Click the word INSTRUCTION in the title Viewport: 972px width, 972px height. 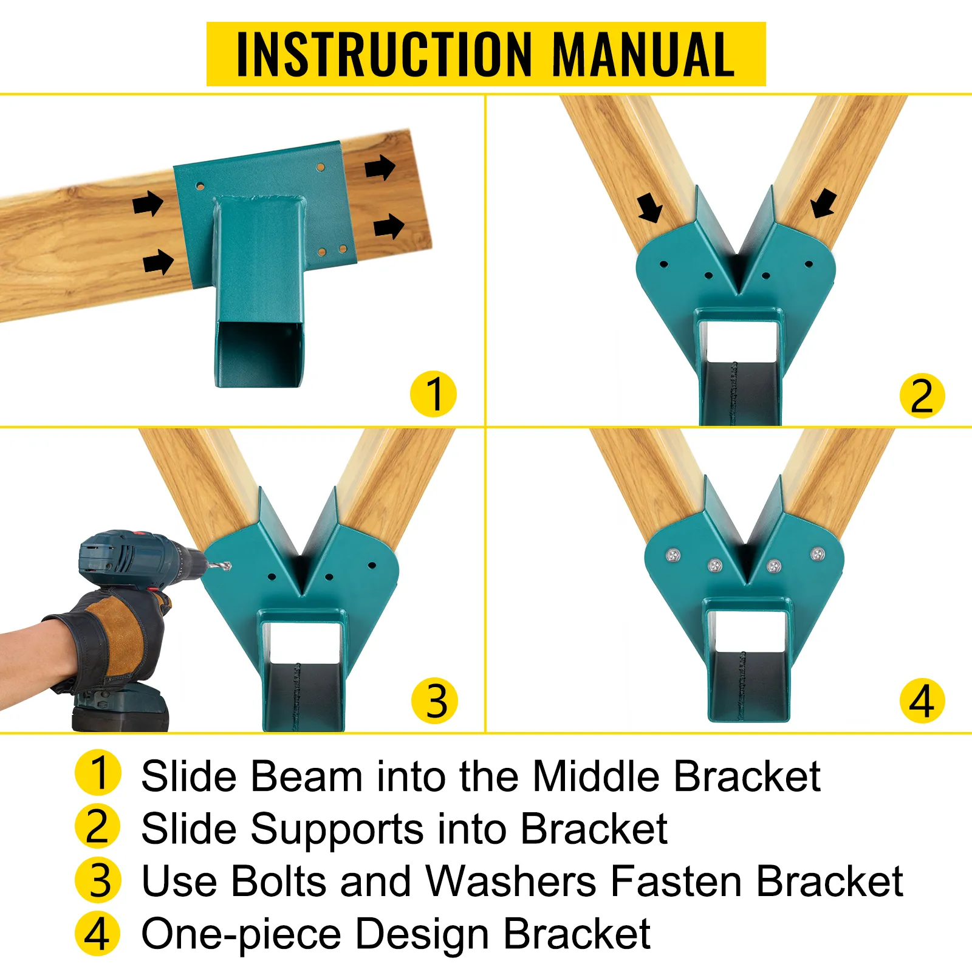tap(385, 54)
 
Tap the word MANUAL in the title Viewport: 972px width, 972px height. tap(643, 54)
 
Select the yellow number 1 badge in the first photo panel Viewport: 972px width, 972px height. tap(434, 394)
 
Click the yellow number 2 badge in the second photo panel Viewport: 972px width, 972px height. tap(922, 396)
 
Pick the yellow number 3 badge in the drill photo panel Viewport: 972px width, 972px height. tap(435, 700)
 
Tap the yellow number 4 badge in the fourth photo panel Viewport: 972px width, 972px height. tap(922, 700)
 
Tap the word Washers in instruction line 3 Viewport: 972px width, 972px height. tap(511, 881)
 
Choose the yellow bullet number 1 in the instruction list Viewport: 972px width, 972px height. tap(98, 773)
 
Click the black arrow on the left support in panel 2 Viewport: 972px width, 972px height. tap(650, 208)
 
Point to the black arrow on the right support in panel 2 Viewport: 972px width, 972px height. tap(824, 203)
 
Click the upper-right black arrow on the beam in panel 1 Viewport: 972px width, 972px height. tap(380, 167)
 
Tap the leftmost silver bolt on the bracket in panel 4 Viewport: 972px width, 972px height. tap(673, 555)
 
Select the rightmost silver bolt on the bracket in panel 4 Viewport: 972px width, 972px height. tap(818, 554)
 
